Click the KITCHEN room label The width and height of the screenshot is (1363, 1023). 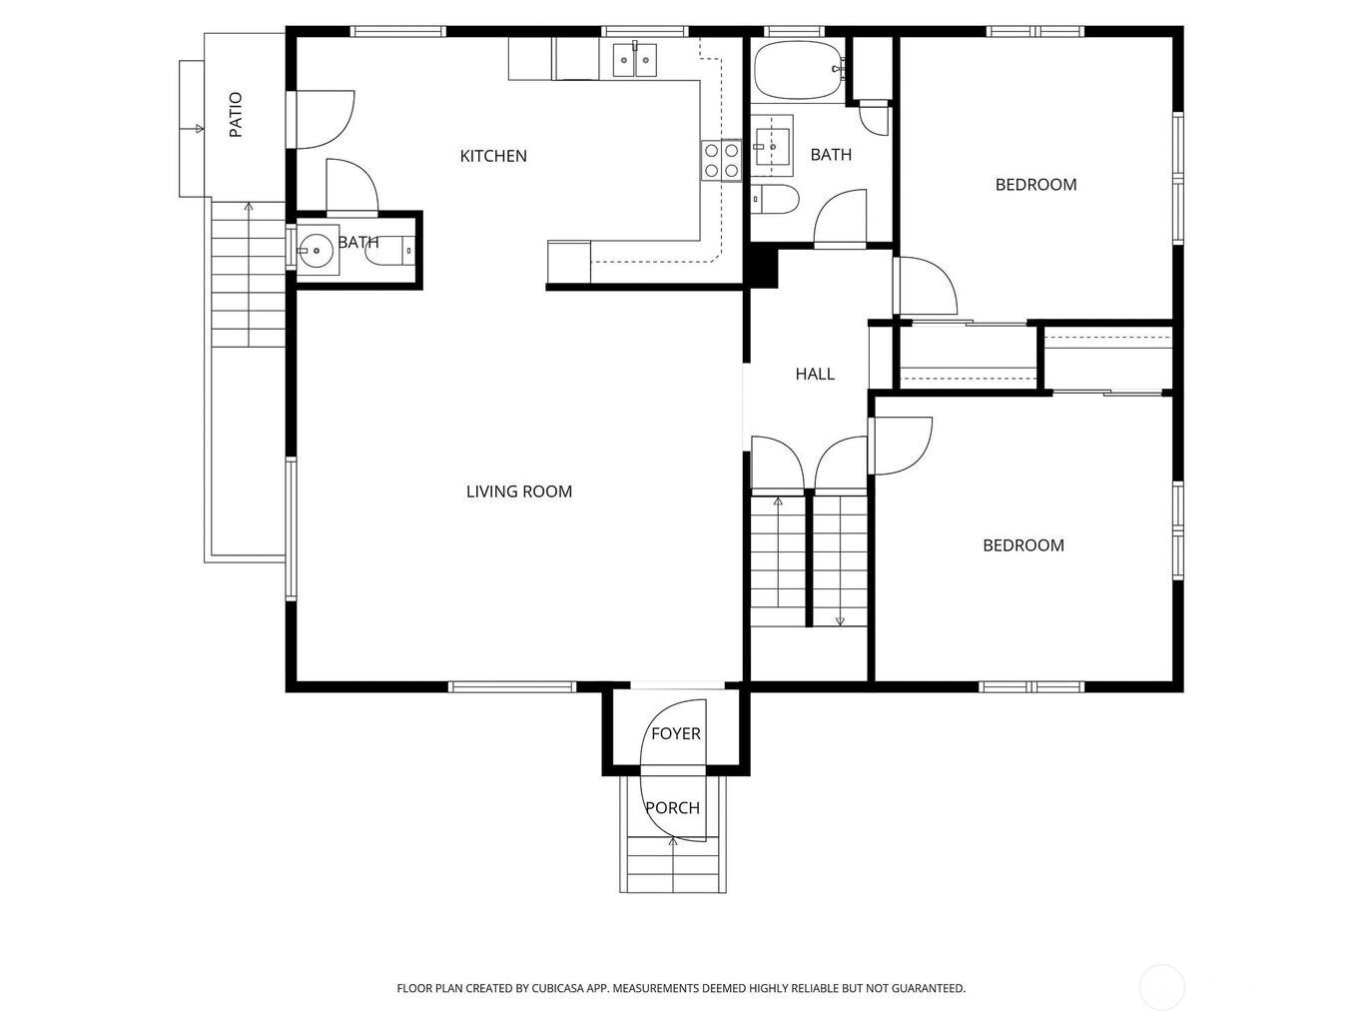tap(493, 156)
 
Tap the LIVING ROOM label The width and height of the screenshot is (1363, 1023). tap(519, 492)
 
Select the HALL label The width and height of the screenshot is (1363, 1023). tap(815, 374)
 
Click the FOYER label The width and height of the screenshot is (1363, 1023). tap(676, 733)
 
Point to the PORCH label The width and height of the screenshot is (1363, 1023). tap(672, 808)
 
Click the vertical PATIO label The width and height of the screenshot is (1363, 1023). tap(236, 114)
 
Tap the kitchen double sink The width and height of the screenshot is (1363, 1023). tap(635, 60)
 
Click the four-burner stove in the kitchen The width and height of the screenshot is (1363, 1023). tap(722, 160)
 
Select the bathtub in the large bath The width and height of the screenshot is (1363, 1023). tap(799, 70)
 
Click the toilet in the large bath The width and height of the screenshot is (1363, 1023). tap(774, 199)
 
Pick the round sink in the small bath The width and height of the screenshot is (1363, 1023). tap(317, 251)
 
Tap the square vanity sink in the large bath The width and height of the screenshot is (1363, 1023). tap(773, 147)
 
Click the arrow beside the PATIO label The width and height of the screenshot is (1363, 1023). tap(192, 129)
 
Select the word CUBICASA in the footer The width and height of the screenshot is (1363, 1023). tap(557, 988)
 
